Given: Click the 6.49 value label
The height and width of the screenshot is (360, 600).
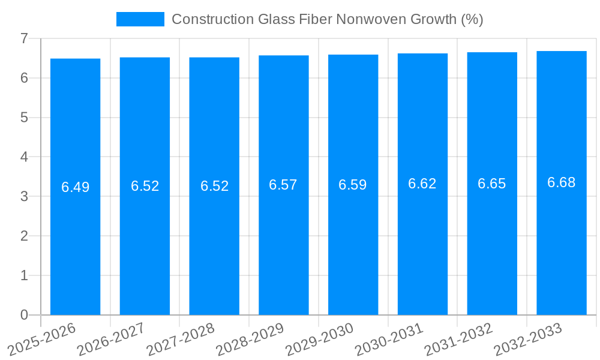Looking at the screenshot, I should tap(75, 187).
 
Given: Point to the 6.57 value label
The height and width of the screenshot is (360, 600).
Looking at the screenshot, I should tap(283, 185).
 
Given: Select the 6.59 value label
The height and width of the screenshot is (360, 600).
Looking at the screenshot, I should tap(353, 185).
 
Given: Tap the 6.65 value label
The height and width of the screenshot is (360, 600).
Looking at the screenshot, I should tap(492, 184).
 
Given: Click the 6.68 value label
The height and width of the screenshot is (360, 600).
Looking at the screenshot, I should tap(562, 183).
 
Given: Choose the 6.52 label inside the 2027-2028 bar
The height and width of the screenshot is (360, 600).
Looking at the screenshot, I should tap(214, 186).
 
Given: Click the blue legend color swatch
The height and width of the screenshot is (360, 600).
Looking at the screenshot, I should tap(140, 19).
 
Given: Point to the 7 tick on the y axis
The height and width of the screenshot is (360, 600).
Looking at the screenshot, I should tap(24, 38).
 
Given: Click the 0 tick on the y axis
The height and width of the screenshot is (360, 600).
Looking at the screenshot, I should tap(24, 315).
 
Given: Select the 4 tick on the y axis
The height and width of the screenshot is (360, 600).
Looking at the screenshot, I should tap(24, 157).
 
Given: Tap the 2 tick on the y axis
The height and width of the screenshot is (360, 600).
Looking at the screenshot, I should tap(24, 236).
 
